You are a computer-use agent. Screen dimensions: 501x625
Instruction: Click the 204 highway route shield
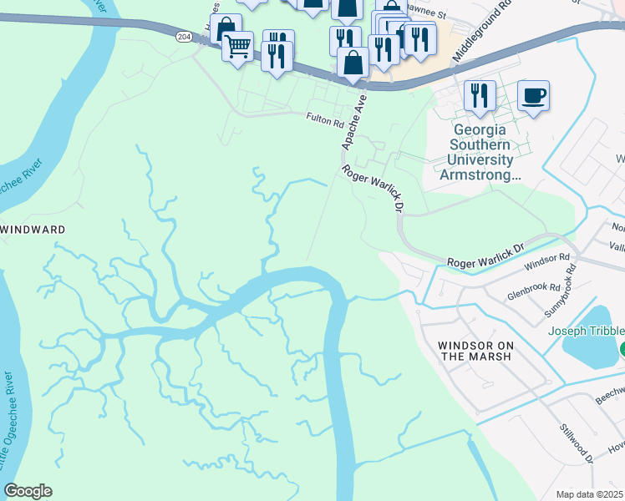[184, 37]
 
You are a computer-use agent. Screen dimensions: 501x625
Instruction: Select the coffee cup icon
[533, 95]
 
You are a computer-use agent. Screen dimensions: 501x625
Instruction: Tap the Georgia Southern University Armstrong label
[480, 153]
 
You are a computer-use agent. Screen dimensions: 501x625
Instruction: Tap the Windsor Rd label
[546, 262]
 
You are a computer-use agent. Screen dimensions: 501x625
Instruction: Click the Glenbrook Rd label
[532, 289]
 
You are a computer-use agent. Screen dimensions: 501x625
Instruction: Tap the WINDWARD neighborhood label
[33, 228]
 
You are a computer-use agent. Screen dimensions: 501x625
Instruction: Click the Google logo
[28, 491]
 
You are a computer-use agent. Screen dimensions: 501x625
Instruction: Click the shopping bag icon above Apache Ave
[353, 63]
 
